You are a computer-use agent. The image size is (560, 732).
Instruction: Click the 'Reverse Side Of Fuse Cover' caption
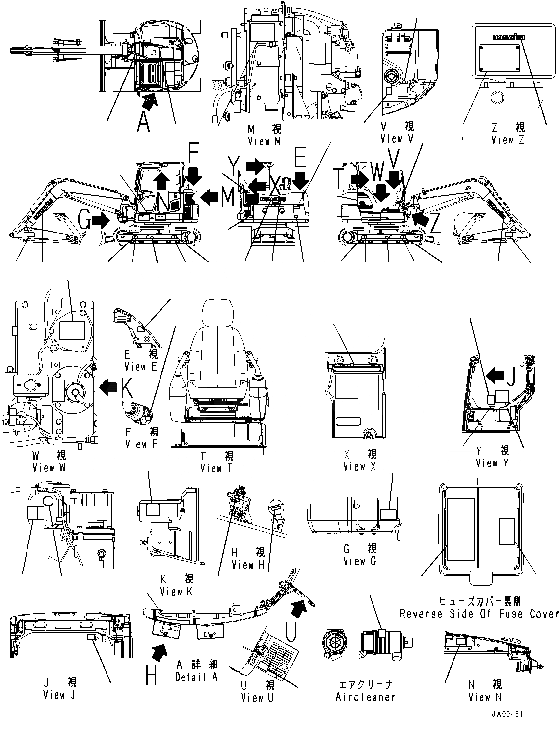(x=479, y=614)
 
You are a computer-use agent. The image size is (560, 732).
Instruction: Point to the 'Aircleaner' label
(x=365, y=697)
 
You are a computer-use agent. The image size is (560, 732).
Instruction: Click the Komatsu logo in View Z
(x=507, y=36)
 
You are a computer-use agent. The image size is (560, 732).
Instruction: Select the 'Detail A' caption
(x=196, y=677)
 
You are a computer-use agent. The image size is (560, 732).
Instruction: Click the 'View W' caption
(x=49, y=468)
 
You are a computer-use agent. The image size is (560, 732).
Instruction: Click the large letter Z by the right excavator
(x=434, y=223)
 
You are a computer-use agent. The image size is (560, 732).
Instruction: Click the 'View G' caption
(x=360, y=561)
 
